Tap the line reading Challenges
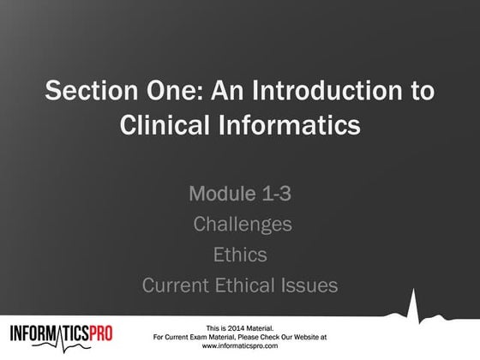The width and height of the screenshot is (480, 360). coord(243,225)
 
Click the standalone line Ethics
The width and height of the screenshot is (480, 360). coord(239,255)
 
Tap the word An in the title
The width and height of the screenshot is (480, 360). coord(221,90)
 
